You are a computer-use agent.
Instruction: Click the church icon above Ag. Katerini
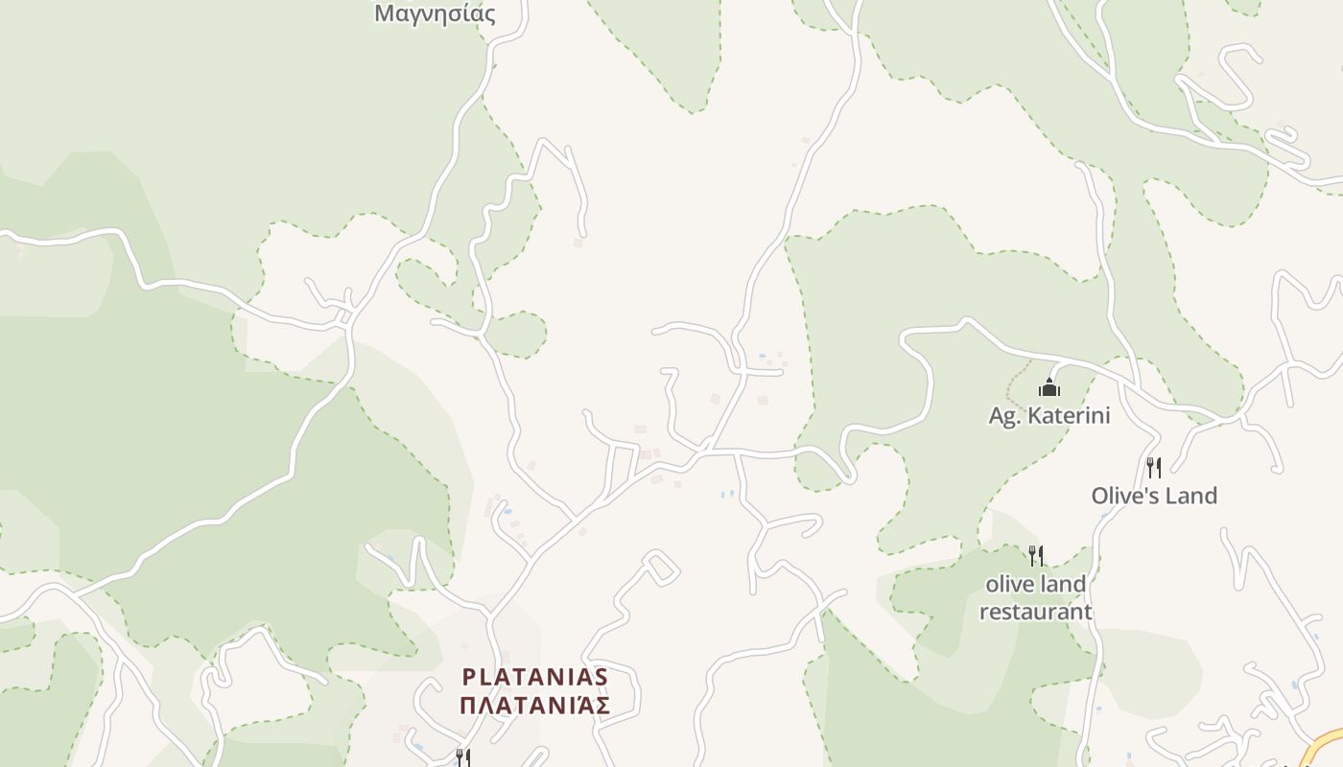point(1049,387)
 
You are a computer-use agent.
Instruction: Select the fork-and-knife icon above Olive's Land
point(1154,467)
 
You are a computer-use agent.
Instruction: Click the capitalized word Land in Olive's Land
point(1193,496)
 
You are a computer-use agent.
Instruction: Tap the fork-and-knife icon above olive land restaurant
point(1036,555)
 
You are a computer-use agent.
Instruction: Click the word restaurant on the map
point(1036,612)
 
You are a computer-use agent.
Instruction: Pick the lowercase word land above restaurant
point(1064,584)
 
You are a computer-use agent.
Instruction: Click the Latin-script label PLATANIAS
point(535,677)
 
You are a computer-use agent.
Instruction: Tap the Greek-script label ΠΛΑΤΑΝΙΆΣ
point(535,706)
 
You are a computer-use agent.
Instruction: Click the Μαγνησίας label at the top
point(435,13)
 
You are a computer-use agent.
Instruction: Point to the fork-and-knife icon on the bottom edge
point(462,758)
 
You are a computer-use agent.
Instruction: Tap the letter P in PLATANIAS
point(469,677)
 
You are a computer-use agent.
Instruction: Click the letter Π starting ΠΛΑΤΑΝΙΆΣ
point(468,706)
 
